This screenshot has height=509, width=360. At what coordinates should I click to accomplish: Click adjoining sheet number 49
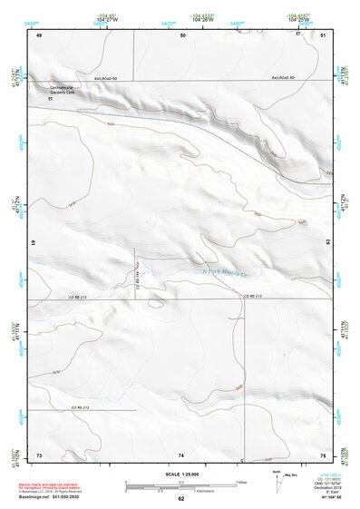tap(39, 34)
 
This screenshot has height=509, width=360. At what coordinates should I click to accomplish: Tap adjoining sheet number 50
tap(182, 34)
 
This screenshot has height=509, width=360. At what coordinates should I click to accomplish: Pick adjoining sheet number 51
tap(323, 34)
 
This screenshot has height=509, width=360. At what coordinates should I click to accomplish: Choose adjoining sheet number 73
tap(39, 454)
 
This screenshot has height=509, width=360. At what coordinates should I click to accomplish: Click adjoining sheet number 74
tap(181, 454)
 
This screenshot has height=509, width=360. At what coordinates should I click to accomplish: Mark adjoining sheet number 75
tap(323, 454)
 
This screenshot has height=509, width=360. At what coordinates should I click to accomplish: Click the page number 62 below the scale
tap(180, 499)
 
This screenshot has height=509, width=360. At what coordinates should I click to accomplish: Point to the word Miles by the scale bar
tap(242, 481)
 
